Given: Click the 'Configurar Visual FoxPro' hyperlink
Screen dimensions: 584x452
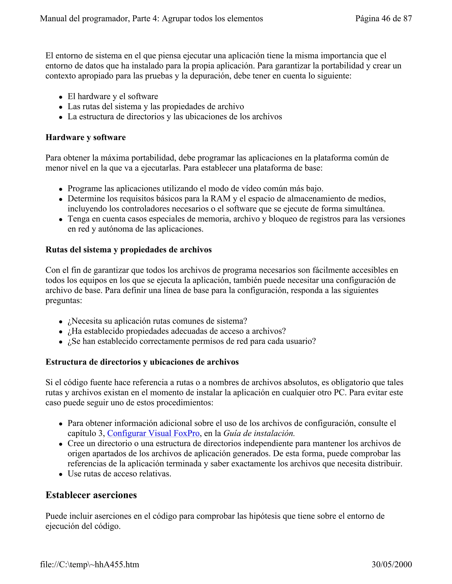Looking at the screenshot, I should [x=153, y=433].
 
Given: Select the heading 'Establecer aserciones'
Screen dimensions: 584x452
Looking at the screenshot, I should [x=91, y=495].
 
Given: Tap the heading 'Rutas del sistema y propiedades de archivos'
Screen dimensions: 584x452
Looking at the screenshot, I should [x=128, y=249].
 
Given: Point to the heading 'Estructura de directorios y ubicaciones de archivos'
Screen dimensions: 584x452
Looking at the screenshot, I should [x=142, y=362].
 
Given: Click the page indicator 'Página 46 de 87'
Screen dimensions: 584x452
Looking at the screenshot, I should [x=383, y=19].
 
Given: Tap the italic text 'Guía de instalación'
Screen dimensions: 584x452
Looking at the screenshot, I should [x=259, y=433].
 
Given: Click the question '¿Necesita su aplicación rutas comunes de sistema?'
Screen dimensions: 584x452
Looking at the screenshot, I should [x=157, y=321].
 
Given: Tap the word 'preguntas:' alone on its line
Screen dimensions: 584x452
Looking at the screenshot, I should [x=64, y=301].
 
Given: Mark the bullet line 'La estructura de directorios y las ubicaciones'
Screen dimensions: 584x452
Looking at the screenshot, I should [x=175, y=117].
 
